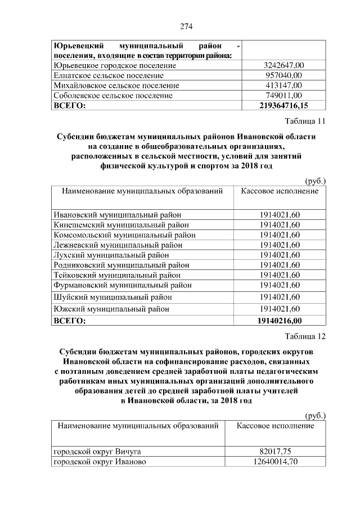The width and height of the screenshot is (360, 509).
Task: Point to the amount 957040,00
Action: tap(284, 75)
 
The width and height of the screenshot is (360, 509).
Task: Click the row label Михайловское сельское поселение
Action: tap(116, 85)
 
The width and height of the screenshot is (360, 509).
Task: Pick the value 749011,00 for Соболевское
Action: tap(284, 96)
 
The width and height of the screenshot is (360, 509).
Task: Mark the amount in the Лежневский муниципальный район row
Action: tap(280, 245)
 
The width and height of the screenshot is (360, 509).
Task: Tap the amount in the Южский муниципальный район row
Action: tap(280, 309)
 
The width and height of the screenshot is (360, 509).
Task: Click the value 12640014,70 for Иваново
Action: tap(275, 462)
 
